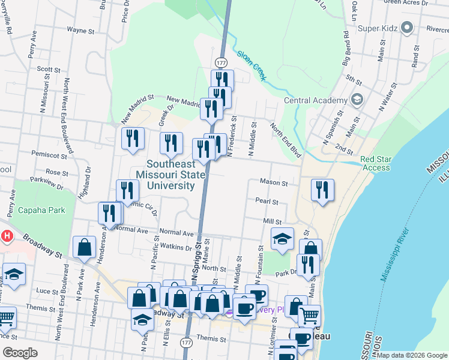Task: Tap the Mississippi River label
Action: (394, 255)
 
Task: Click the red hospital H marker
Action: (6, 236)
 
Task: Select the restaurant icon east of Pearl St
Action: (323, 190)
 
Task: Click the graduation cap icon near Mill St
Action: (282, 239)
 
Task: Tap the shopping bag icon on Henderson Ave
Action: (85, 247)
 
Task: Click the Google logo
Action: (20, 353)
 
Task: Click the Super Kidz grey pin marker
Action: (407, 28)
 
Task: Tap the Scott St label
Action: (49, 70)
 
